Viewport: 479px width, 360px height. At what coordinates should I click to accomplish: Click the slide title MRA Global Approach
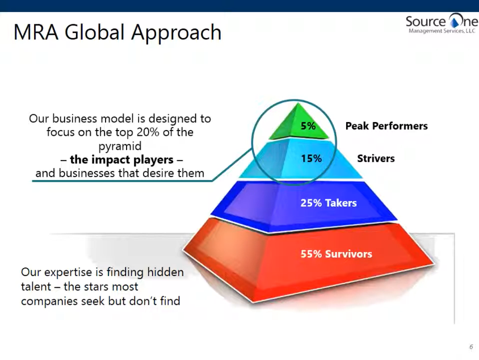click(x=117, y=32)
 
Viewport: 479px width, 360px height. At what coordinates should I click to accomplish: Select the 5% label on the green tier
click(x=308, y=127)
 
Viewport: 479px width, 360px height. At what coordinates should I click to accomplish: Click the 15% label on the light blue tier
click(x=311, y=158)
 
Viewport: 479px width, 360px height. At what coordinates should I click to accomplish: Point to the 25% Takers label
click(x=329, y=203)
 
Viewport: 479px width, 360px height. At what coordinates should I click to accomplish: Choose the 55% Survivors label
click(x=336, y=254)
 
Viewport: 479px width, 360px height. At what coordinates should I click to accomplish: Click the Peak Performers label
click(x=386, y=126)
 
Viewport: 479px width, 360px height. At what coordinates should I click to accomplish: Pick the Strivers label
click(x=376, y=158)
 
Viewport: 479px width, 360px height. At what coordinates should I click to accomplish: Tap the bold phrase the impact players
click(x=121, y=160)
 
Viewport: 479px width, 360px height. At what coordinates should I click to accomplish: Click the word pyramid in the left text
click(x=120, y=146)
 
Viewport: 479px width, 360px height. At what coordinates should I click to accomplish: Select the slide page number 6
click(x=470, y=346)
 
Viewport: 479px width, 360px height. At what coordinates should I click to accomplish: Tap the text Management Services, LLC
click(x=442, y=31)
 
